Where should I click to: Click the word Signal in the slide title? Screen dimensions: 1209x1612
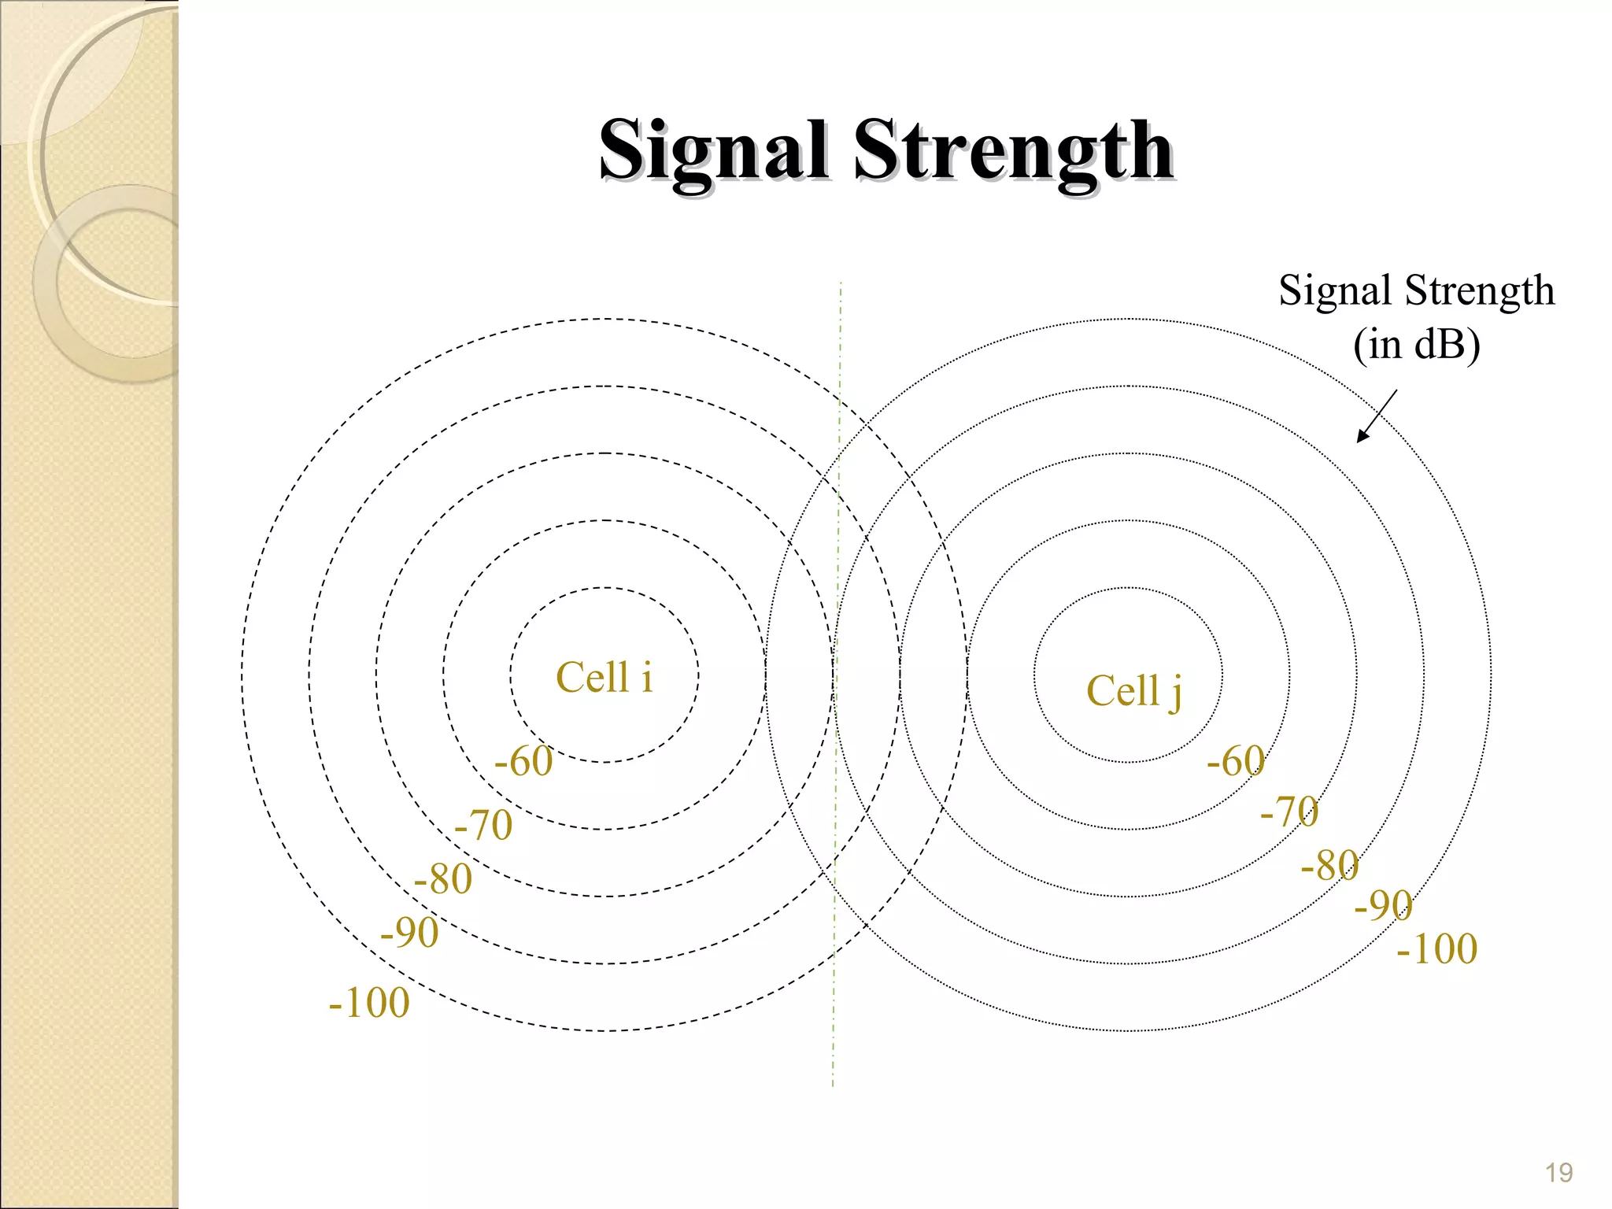(x=712, y=151)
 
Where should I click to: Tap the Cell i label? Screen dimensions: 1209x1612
(x=604, y=677)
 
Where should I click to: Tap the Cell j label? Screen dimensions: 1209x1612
(x=1133, y=691)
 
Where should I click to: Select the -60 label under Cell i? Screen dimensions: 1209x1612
(x=523, y=761)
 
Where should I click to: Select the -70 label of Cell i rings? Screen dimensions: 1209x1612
(x=483, y=825)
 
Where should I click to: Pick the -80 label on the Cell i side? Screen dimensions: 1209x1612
(x=442, y=878)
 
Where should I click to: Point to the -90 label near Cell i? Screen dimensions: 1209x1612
(x=409, y=933)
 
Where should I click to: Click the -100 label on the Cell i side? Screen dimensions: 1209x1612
(x=369, y=1003)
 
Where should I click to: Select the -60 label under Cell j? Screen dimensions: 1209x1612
(x=1236, y=761)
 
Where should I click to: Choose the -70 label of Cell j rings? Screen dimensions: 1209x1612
(x=1289, y=811)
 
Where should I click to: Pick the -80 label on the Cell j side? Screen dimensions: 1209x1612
(x=1329, y=865)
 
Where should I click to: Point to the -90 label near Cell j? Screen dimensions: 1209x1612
(x=1383, y=905)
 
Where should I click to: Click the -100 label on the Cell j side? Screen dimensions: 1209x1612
(x=1437, y=948)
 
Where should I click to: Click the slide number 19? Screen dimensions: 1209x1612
(x=1558, y=1173)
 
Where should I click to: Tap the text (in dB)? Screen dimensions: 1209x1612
(x=1416, y=345)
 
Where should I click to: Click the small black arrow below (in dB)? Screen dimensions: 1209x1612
(x=1376, y=416)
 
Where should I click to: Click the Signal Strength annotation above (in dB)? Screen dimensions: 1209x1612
(x=1416, y=290)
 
